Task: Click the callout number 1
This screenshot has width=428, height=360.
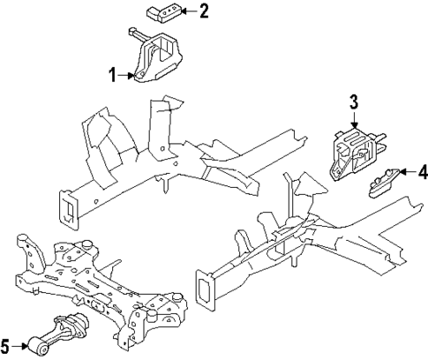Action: [112, 77]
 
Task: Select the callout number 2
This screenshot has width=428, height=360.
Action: [204, 11]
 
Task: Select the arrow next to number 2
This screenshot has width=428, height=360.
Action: [187, 11]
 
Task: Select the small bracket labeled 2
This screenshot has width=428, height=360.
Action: [160, 12]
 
